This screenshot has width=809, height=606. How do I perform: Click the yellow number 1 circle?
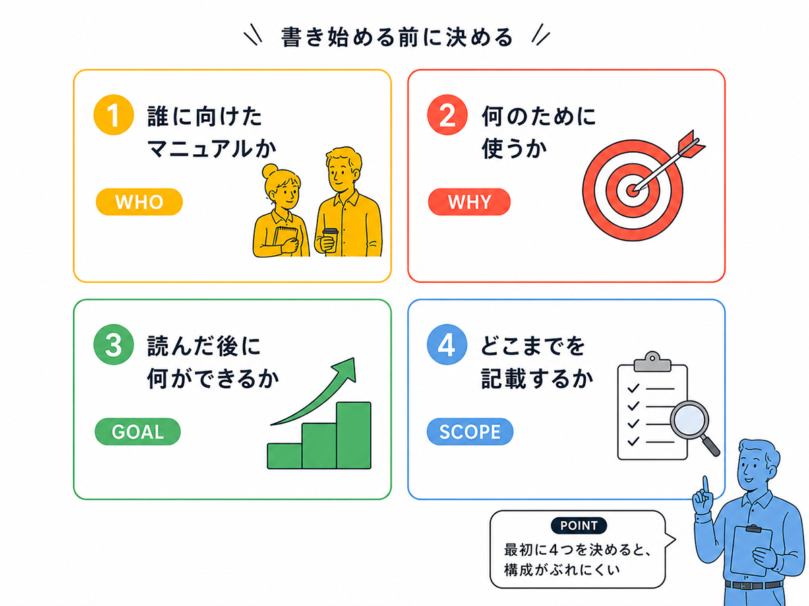click(113, 114)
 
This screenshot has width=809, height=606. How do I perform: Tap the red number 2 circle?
click(447, 114)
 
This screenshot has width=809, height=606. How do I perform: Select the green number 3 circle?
click(113, 344)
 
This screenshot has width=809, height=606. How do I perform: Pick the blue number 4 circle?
click(447, 344)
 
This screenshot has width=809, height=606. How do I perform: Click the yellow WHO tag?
click(139, 201)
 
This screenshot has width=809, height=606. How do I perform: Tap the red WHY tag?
click(469, 201)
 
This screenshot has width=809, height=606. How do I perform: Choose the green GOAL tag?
click(138, 431)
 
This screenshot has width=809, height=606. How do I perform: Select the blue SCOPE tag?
click(469, 431)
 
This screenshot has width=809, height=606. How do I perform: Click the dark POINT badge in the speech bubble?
click(578, 525)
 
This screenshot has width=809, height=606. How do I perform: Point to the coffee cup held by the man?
click(330, 240)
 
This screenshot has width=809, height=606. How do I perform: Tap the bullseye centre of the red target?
click(632, 191)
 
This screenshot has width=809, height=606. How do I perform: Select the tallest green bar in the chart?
click(353, 435)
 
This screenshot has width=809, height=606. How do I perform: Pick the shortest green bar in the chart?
click(284, 457)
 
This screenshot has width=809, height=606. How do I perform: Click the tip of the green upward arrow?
click(354, 358)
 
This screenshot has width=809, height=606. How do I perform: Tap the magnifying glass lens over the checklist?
click(689, 419)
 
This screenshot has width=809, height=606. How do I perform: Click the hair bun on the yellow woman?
click(270, 172)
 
